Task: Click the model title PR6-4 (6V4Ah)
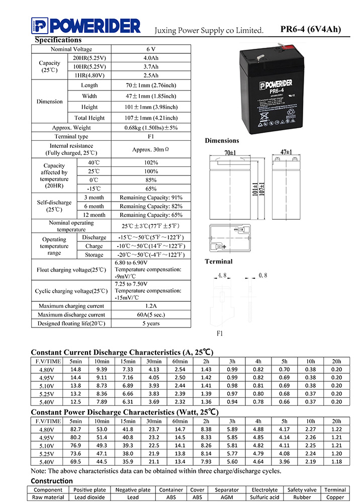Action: (310, 29)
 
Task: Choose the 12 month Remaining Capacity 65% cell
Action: (151, 215)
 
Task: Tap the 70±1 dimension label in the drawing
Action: (230, 152)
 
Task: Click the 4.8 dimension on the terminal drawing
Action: (223, 276)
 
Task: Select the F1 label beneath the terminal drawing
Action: (219, 333)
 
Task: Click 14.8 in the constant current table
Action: (76, 370)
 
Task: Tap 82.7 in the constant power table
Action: (76, 429)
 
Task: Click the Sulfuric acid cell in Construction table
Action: (264, 497)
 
